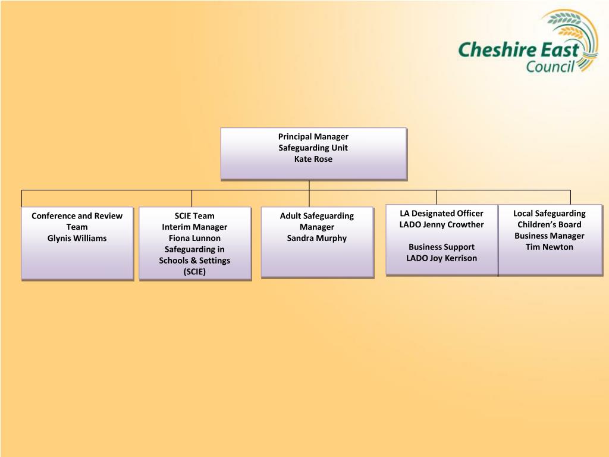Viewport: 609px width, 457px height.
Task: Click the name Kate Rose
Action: pos(313,159)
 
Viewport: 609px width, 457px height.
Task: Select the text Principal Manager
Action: pos(313,137)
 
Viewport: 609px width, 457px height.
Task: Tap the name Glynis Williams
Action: pos(77,238)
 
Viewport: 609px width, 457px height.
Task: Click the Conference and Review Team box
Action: pos(77,256)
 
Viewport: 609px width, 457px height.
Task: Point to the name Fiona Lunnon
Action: pos(194,238)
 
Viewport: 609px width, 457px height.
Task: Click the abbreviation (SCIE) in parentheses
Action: pos(194,272)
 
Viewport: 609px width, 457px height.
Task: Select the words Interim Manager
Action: pos(194,227)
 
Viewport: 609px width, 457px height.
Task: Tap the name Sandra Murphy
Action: pos(316,238)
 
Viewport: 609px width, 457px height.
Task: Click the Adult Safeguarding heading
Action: pos(316,216)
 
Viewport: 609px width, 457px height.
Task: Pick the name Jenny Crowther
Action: pos(453,224)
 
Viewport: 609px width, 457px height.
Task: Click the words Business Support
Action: pos(441,247)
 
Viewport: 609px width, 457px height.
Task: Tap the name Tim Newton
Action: pos(549,247)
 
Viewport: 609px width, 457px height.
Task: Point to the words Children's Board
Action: pos(549,224)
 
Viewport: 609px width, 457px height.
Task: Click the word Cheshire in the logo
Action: pos(497,50)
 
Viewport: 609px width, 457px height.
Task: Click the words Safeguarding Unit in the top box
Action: pos(313,148)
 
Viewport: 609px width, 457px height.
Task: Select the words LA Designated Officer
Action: pos(441,213)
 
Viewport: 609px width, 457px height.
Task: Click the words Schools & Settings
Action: pos(194,261)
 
